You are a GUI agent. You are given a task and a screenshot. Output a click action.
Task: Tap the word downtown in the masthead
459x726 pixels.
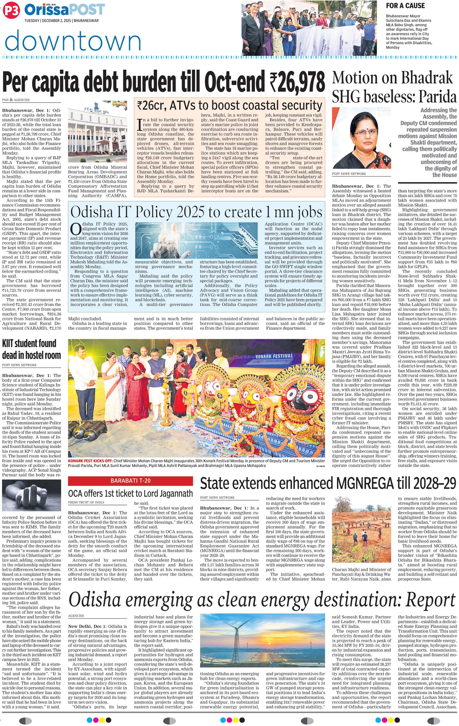coord(73,41)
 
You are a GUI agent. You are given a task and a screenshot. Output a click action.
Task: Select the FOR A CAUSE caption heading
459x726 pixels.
coord(405,6)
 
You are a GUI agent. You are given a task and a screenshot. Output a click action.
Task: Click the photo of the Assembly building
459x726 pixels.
coord(97,131)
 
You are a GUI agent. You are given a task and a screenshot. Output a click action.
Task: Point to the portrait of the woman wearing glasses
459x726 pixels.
coord(361,138)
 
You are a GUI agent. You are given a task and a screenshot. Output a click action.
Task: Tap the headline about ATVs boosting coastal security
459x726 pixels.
coord(229,105)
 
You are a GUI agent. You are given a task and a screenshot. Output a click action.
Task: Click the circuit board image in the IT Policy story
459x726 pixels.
coord(196,240)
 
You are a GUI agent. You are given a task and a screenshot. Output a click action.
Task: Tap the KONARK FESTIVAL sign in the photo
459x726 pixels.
coord(274,356)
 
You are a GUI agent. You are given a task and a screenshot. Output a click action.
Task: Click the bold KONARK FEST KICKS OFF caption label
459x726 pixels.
coord(90,461)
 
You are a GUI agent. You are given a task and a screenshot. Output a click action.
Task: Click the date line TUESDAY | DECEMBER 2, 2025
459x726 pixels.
coord(62,20)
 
